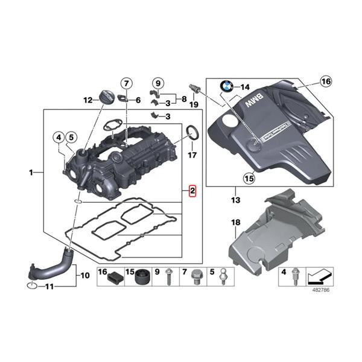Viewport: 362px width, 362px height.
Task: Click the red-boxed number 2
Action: pyautogui.click(x=192, y=192)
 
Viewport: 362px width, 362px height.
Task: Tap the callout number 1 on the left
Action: pyautogui.click(x=31, y=173)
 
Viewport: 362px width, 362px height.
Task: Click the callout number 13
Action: pyautogui.click(x=235, y=199)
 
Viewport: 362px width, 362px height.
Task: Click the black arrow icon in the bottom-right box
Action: pyautogui.click(x=318, y=278)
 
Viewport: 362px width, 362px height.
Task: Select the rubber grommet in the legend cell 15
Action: pyautogui.click(x=142, y=278)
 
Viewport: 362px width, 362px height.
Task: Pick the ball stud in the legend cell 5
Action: pyautogui.click(x=224, y=277)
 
